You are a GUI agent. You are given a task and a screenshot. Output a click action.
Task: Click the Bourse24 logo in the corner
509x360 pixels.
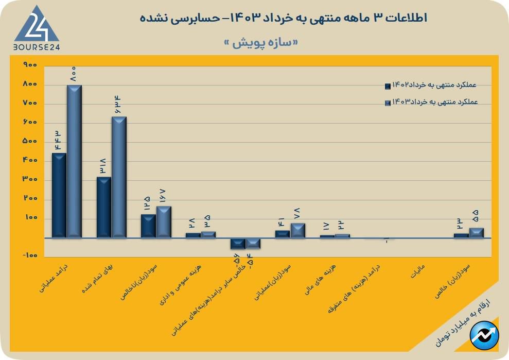(36, 29)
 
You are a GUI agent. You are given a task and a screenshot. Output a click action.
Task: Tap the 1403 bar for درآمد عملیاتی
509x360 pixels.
(75, 161)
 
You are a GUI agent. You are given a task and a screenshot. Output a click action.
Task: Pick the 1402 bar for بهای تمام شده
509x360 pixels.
(104, 207)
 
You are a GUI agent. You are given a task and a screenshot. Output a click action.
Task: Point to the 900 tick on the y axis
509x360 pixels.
(30, 65)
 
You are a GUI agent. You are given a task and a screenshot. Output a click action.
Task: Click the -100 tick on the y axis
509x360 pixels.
(30, 255)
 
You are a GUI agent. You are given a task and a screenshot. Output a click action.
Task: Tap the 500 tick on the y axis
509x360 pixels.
(30, 142)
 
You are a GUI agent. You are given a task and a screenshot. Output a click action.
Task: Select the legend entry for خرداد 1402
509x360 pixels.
(431, 85)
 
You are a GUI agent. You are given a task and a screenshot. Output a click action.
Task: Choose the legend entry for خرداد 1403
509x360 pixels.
(431, 102)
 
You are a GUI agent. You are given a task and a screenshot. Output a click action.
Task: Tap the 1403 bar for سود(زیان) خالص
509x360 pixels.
(476, 232)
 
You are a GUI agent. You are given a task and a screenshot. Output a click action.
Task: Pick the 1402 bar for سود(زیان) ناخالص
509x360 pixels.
(148, 226)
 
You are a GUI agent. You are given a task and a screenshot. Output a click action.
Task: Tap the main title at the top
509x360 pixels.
(284, 18)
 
